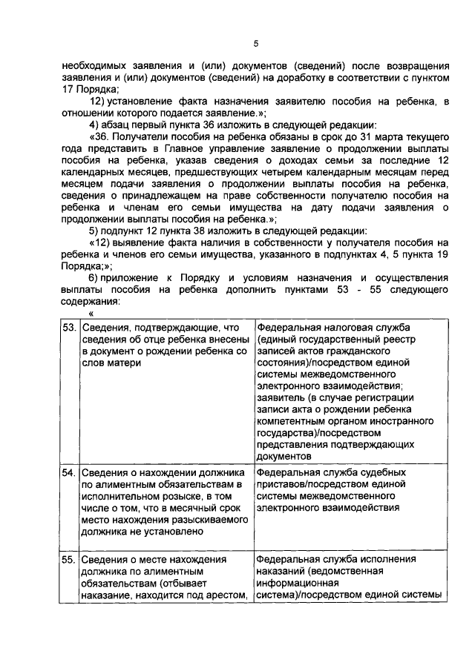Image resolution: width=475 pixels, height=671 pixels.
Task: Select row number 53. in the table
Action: click(x=69, y=328)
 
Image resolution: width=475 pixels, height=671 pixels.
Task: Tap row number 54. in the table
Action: click(x=69, y=472)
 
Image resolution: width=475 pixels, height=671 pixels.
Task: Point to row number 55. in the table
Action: click(x=69, y=561)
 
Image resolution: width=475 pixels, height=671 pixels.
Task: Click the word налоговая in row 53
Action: click(x=341, y=328)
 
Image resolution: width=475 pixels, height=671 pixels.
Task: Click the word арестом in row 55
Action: click(x=225, y=595)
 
